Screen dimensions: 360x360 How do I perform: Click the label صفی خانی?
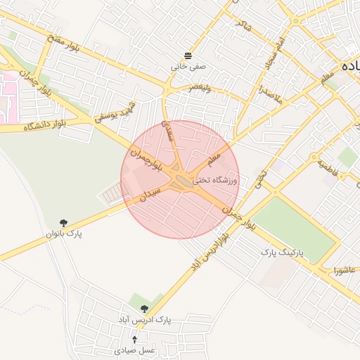[x=188, y=67]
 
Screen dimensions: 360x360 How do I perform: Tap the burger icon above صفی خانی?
[x=188, y=56]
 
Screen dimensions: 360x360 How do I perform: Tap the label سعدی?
[x=168, y=130]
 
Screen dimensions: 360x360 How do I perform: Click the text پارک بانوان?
[x=65, y=233]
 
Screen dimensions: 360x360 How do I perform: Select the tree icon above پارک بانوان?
[x=65, y=222]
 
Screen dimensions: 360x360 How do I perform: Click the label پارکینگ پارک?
[x=281, y=251]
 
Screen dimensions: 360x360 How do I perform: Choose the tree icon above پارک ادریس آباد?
[x=145, y=309]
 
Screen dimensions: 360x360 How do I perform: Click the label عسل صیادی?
[x=134, y=349]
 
